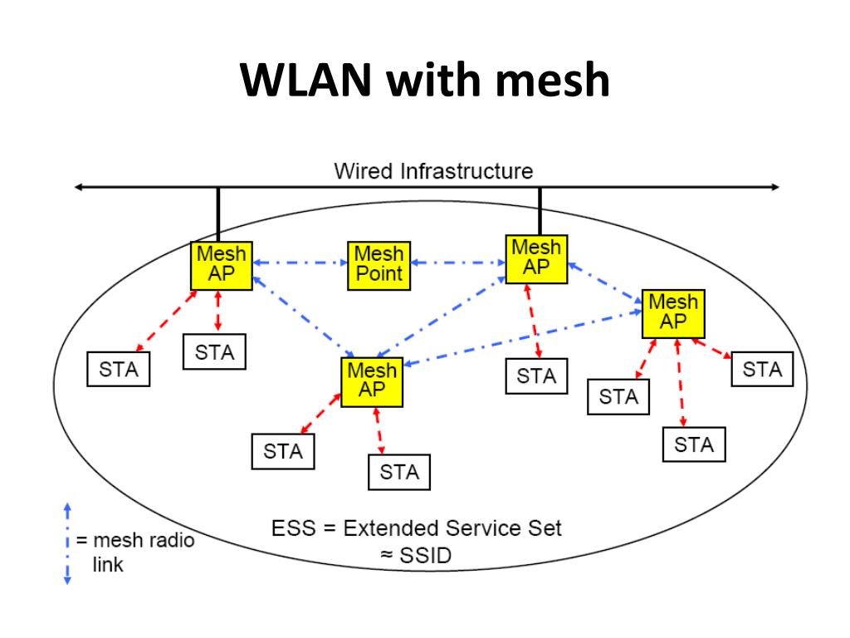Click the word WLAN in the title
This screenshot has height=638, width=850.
305,80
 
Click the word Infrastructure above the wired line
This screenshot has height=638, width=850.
467,171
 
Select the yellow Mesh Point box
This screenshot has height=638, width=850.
379,266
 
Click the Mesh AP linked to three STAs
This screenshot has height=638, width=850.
673,313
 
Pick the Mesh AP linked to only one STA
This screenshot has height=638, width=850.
536,259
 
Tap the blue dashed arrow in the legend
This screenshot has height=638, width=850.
68,543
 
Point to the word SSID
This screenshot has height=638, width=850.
426,556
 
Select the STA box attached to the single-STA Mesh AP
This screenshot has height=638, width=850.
537,376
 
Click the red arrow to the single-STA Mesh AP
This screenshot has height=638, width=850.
533,321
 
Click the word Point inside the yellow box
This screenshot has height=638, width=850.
379,273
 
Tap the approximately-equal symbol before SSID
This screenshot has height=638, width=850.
387,556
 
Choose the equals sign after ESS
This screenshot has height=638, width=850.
329,528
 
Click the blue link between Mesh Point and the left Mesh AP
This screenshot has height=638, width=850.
300,263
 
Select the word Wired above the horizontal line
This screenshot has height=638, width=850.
364,171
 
